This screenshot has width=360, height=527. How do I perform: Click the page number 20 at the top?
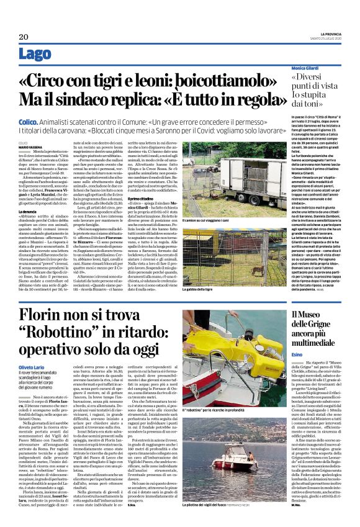(x=24, y=37)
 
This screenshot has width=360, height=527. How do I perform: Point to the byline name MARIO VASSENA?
(x=27, y=146)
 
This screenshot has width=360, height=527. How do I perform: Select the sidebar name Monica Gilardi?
(x=307, y=67)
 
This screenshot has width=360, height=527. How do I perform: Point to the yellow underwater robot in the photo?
(x=235, y=349)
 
